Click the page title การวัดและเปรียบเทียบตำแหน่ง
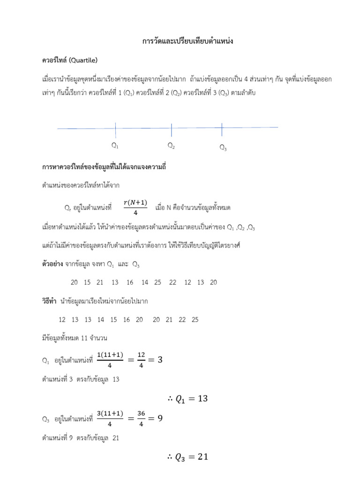coord(187,42)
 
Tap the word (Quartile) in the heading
coord(83,60)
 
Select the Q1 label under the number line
coord(115,145)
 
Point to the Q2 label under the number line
coord(172,146)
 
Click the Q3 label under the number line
coord(223,149)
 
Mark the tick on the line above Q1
coord(115,127)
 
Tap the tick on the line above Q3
coord(222,127)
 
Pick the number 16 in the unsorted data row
coord(130,282)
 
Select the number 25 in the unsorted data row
coord(157,282)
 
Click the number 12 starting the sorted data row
coord(62,320)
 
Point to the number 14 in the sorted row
coord(101,320)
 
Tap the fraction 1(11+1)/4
coord(110,360)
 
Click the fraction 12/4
coord(141,360)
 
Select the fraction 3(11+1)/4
coord(110,418)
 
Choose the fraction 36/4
coord(141,418)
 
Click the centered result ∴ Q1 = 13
coord(187,399)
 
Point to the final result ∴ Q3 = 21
coord(187,457)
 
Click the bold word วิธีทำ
coord(50,301)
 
